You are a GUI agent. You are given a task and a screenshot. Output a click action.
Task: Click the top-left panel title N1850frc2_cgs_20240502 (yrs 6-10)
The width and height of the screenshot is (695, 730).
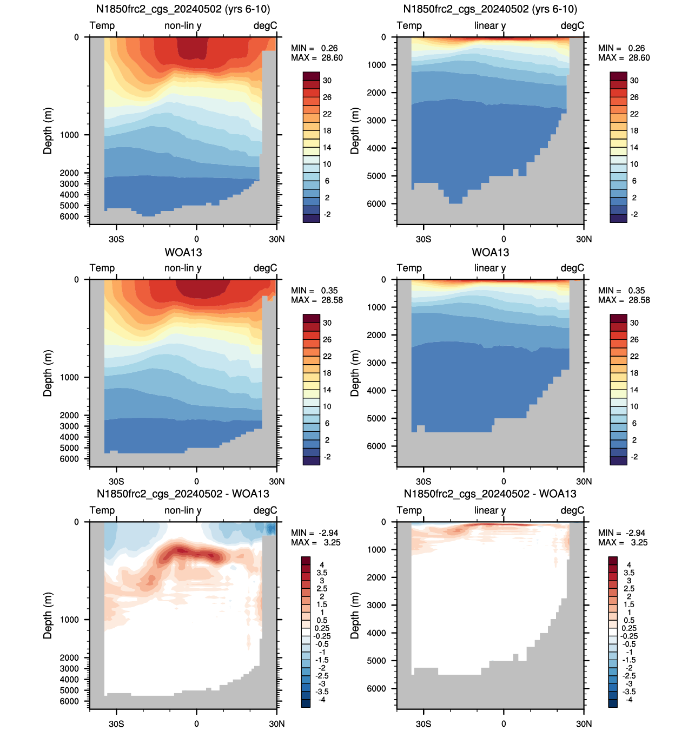pos(183,9)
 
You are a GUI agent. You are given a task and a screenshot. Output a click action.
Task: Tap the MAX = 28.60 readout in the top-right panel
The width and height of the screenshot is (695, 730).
pos(624,57)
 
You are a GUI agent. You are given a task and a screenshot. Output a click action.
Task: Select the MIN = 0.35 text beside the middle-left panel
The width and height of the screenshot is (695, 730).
pos(314,291)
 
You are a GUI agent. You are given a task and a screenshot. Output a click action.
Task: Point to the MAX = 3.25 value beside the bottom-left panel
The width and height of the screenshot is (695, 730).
pos(315,542)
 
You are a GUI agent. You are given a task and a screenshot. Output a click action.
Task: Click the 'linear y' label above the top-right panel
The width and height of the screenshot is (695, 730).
pos(489,25)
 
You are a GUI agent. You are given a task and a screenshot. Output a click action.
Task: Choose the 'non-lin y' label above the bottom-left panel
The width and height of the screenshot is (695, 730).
pos(183,510)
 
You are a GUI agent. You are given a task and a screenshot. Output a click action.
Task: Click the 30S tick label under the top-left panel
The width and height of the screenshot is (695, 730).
pos(116,239)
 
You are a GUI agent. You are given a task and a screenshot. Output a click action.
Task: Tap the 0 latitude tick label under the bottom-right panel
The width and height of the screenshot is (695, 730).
pos(504,724)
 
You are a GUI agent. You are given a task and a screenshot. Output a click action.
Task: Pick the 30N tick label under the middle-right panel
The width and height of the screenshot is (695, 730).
pos(584,481)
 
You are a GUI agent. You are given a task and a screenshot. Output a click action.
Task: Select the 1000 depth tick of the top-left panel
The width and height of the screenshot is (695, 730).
pos(69,135)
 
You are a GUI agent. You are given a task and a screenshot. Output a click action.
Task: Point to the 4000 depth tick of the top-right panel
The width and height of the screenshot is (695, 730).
pos(376,148)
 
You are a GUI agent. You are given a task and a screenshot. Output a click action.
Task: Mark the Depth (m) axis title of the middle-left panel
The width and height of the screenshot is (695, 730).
pos(48,373)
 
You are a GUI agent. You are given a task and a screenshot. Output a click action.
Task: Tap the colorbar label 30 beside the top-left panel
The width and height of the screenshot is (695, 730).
pos(327,80)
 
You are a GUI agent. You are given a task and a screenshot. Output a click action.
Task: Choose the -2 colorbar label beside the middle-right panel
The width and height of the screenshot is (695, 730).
pos(634,457)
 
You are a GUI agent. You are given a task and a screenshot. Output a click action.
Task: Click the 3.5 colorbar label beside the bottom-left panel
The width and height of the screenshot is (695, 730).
pos(321,573)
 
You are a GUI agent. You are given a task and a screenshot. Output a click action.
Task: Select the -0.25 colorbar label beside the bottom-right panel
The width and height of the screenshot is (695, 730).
pos(629,636)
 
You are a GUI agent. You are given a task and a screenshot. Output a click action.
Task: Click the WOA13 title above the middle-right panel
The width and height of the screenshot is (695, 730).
pos(490,253)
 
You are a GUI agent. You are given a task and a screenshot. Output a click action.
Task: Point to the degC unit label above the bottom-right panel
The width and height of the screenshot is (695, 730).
pos(572,510)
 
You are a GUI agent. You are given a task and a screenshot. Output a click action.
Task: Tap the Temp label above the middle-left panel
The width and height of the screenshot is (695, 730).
pos(102,268)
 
